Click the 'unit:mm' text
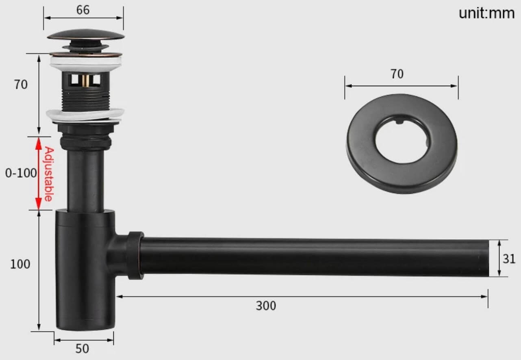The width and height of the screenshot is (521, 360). tap(486, 13)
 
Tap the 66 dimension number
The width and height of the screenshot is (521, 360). tap(83, 10)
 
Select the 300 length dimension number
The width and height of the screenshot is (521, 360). tap(266, 306)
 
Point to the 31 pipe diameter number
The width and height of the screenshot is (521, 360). tap(509, 259)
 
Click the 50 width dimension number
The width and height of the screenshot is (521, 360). tap(82, 349)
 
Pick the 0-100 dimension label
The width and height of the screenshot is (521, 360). tap(21, 173)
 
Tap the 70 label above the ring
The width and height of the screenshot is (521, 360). tap(397, 74)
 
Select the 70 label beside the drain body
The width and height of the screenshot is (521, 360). tap(21, 85)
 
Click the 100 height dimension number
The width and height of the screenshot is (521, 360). tap(20, 264)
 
